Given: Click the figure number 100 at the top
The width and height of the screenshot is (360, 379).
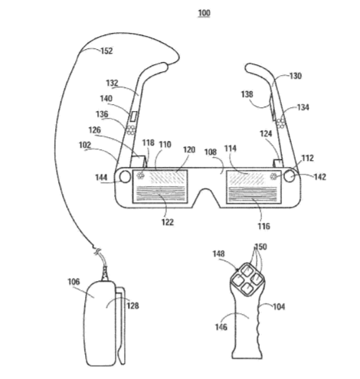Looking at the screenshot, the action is tap(204, 13).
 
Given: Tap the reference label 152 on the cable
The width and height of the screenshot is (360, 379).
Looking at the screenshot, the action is tap(106, 51).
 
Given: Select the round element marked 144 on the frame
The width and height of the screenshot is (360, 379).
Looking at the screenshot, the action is tap(125, 177).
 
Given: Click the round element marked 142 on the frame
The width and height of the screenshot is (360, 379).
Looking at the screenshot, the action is tap(290, 176).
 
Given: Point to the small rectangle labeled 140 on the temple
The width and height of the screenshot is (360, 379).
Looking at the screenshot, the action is tap(133, 116).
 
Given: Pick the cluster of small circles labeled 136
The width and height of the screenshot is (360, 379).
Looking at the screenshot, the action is tap(131, 129).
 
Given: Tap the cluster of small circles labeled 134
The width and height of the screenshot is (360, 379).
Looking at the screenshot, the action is tap(281, 123).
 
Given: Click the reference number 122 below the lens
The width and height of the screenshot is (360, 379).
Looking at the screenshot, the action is tap(168, 222).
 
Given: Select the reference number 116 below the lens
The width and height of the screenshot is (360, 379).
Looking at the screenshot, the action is tap(263, 226).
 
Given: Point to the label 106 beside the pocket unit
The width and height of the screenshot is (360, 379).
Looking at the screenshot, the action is tap(74, 282).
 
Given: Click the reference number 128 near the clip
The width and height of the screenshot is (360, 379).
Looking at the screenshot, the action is tap(133, 305).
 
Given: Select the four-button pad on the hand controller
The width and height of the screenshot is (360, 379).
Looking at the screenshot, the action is tap(247, 279).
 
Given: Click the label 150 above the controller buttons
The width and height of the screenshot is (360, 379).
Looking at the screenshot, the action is tap(260, 247).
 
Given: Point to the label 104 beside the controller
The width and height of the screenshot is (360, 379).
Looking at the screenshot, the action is tap(279, 306).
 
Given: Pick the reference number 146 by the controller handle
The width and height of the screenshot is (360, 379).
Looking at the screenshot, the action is tap(221, 327).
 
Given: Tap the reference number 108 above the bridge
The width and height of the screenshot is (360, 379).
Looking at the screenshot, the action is tap(211, 152).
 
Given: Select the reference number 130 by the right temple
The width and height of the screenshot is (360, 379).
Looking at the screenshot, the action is tap(296, 76).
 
